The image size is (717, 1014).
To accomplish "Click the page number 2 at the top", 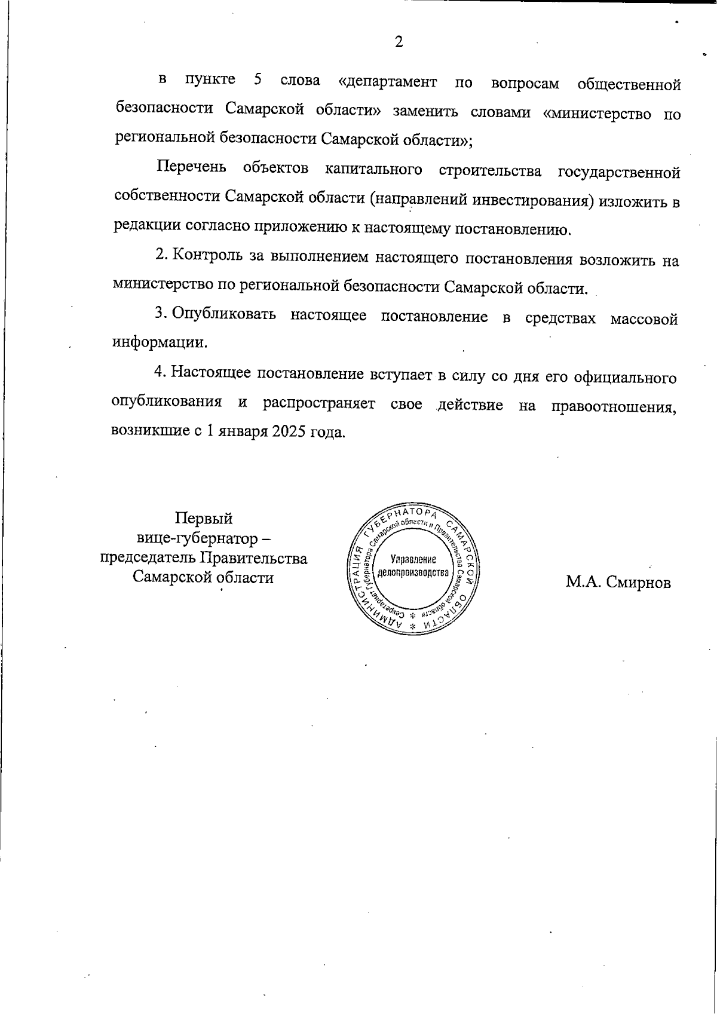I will pos(399,42).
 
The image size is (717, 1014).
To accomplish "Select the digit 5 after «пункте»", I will pos(258,79).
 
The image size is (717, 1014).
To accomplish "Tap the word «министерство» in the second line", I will pos(597,113).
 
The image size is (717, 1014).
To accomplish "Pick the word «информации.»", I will pos(160,343).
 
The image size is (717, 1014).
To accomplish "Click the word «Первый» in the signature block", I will pos(203,518).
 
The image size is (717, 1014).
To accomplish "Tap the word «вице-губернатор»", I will pos(197,538).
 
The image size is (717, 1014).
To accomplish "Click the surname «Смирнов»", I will pos(638,582).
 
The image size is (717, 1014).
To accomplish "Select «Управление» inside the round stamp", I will pos(413,560).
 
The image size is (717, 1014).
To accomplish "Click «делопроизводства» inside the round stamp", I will pos(413,572).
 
